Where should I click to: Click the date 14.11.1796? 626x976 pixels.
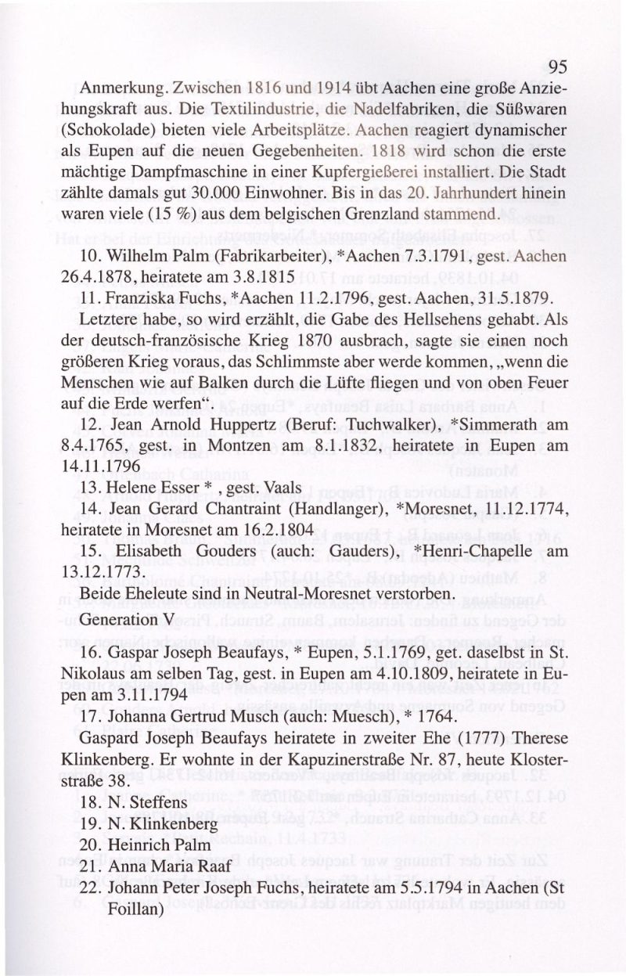(x=95, y=466)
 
